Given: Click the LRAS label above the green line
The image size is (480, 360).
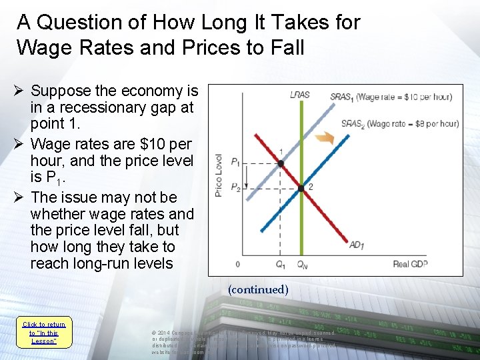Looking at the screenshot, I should pyautogui.click(x=299, y=95).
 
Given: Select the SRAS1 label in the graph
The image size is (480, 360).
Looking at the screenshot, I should pyautogui.click(x=341, y=97).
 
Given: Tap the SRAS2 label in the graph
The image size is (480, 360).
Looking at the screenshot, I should pyautogui.click(x=353, y=123).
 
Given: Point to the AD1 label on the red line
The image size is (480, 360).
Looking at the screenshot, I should pyautogui.click(x=357, y=245).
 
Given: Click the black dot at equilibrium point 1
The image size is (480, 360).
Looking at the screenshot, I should pyautogui.click(x=281, y=163).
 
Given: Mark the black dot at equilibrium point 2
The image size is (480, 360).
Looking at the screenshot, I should pyautogui.click(x=301, y=189).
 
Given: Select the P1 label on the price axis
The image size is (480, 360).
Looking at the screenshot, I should pyautogui.click(x=235, y=162).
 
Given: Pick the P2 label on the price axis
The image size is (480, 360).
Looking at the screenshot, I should pyautogui.click(x=235, y=189).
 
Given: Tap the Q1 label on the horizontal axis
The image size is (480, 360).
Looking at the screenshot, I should pyautogui.click(x=281, y=264).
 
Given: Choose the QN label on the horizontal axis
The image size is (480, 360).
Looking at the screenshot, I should pyautogui.click(x=302, y=264).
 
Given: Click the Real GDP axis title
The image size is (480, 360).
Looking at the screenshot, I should pyautogui.click(x=410, y=264).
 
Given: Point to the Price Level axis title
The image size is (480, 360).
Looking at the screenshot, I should pyautogui.click(x=219, y=175).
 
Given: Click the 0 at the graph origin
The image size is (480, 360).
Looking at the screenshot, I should pyautogui.click(x=237, y=265).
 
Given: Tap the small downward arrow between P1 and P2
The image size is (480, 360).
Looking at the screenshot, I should pyautogui.click(x=246, y=176).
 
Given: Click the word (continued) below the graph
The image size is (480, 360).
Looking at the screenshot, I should pyautogui.click(x=257, y=289).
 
